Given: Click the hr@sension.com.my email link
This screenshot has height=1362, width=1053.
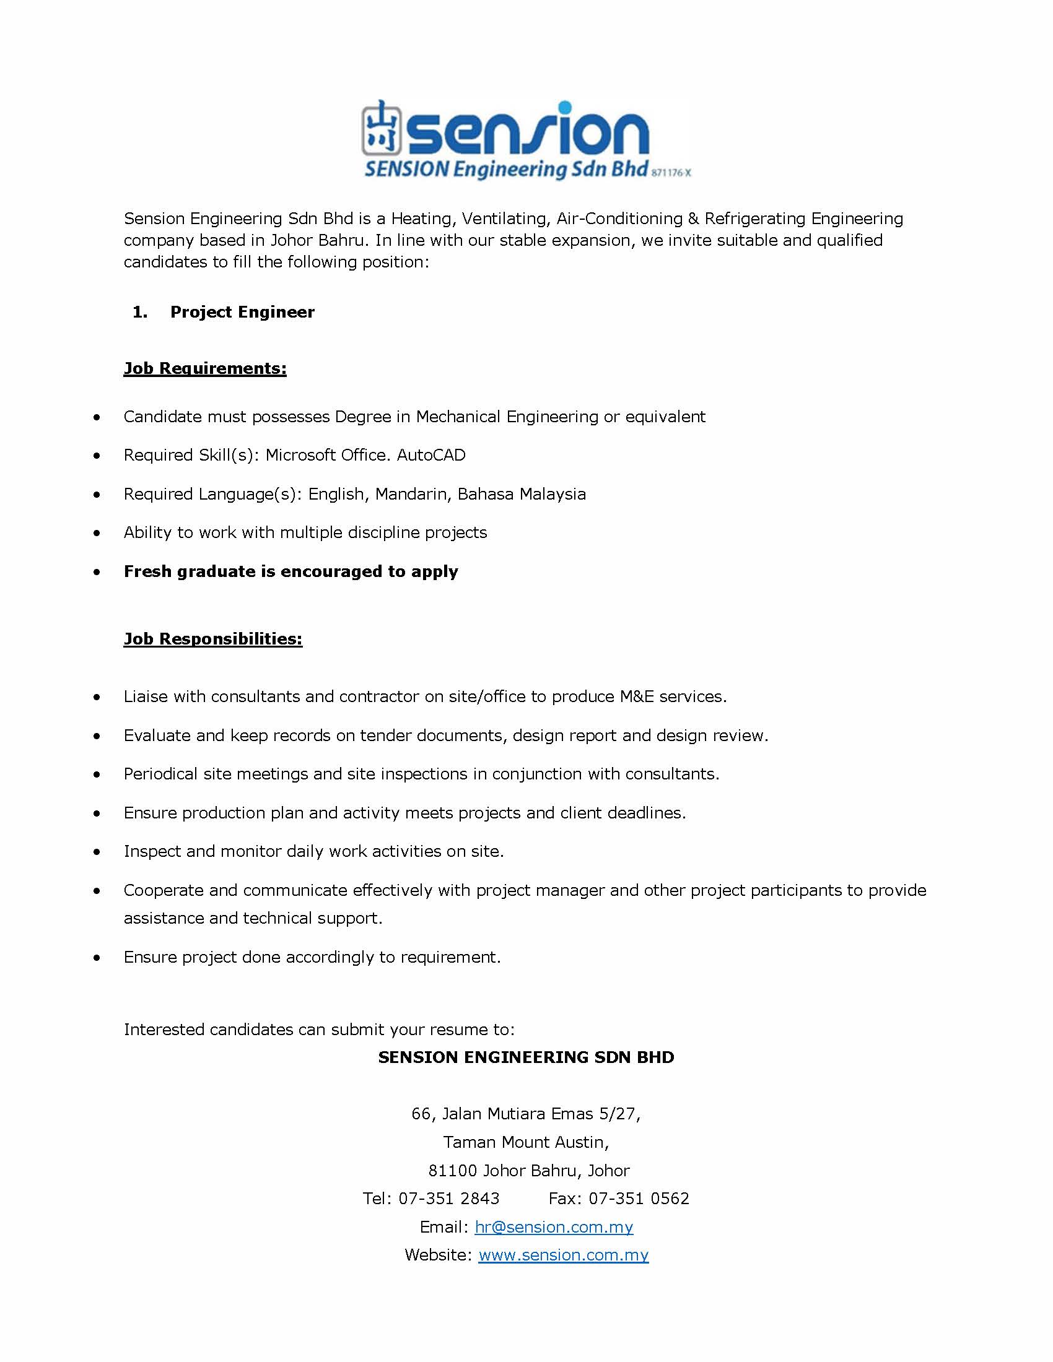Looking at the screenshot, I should click(x=553, y=1226).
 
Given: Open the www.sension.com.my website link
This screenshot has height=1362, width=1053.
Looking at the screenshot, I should click(x=563, y=1255).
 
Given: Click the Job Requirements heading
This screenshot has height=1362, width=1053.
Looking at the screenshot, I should click(x=204, y=368).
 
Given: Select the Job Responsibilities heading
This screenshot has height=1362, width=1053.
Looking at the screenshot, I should click(x=212, y=639).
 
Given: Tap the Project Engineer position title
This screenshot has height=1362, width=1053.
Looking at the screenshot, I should click(x=242, y=312).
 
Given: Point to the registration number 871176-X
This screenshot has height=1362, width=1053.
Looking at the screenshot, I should click(x=671, y=173).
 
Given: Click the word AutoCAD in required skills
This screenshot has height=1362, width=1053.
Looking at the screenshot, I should click(x=431, y=455).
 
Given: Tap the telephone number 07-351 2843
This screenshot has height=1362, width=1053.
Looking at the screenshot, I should click(x=448, y=1199).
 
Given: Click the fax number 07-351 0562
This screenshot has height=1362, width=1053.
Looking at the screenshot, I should click(x=638, y=1199).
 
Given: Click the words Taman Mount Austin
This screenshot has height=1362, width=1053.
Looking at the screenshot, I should click(x=525, y=1142).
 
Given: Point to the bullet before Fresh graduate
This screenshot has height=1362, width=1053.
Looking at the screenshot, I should click(x=97, y=572).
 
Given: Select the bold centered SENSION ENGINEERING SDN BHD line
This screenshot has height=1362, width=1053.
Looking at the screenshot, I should click(x=526, y=1057).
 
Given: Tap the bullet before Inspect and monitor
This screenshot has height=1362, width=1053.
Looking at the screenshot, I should click(x=97, y=852).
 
